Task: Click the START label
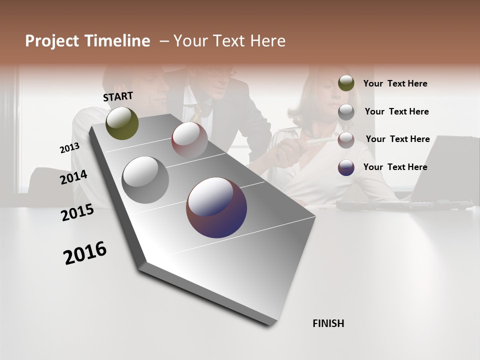pos(118,96)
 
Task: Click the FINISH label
pos(328,323)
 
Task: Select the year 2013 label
pos(70,148)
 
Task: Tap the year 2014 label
pos(73,177)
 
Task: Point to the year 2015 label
pos(77,212)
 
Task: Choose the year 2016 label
pos(85,253)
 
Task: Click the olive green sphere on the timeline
pos(122,123)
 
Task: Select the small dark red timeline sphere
pos(189,139)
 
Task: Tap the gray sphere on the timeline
pos(145,180)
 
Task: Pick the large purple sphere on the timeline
pos(216,207)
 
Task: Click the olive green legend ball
pos(346,83)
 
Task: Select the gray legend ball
pos(346,112)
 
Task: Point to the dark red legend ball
pos(346,140)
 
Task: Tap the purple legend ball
pos(346,167)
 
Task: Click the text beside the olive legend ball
pos(395,83)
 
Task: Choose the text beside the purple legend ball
pos(395,167)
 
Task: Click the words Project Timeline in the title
pos(87,41)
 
